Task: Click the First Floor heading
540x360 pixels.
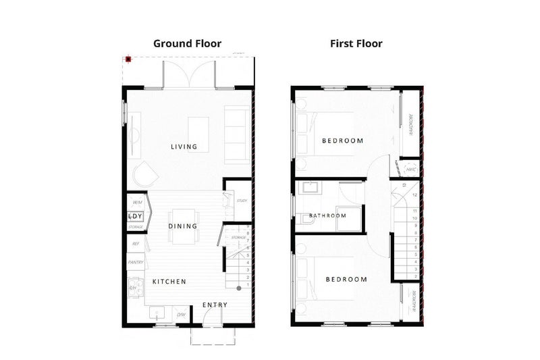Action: tap(356, 44)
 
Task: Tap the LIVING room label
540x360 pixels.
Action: tap(184, 147)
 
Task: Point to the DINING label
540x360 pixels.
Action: tap(182, 226)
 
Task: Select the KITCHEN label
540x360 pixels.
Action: tap(169, 281)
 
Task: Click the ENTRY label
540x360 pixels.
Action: tap(215, 305)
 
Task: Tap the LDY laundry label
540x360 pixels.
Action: tap(136, 216)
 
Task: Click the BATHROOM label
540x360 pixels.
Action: tap(327, 216)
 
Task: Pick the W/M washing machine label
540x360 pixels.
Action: tap(137, 203)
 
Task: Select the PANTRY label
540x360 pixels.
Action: tap(136, 262)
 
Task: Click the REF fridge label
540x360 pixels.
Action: tap(136, 244)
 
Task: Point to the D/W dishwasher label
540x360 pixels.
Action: tap(181, 315)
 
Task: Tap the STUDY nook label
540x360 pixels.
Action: tap(241, 201)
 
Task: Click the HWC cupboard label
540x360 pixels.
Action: tap(409, 169)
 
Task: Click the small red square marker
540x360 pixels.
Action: tap(128, 59)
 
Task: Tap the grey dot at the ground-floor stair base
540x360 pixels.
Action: tap(238, 288)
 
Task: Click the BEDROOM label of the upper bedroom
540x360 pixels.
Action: tap(342, 141)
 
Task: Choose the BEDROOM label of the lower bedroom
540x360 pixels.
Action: tap(346, 279)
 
